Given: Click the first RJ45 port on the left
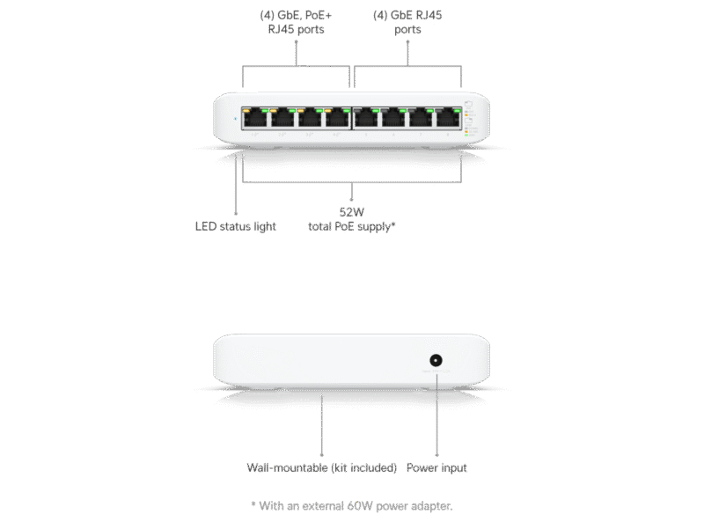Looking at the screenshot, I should point(255,118).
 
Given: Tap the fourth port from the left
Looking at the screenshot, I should point(337,118).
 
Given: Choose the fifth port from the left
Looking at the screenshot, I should point(367,118).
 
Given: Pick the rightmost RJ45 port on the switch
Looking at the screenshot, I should point(448,118).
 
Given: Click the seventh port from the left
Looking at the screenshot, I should point(421,118).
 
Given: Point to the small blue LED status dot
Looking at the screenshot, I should point(236,119).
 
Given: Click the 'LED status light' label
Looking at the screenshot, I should point(235,226).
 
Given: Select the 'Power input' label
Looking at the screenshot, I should point(436,467).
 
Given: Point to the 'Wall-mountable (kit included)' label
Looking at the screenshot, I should point(321,467).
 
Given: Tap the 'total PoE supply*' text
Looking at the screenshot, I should point(352,226).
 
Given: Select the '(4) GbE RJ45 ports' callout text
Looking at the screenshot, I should point(407,22).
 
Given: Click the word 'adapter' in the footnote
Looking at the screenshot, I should point(431,505).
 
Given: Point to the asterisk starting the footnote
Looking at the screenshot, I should point(253,504).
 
